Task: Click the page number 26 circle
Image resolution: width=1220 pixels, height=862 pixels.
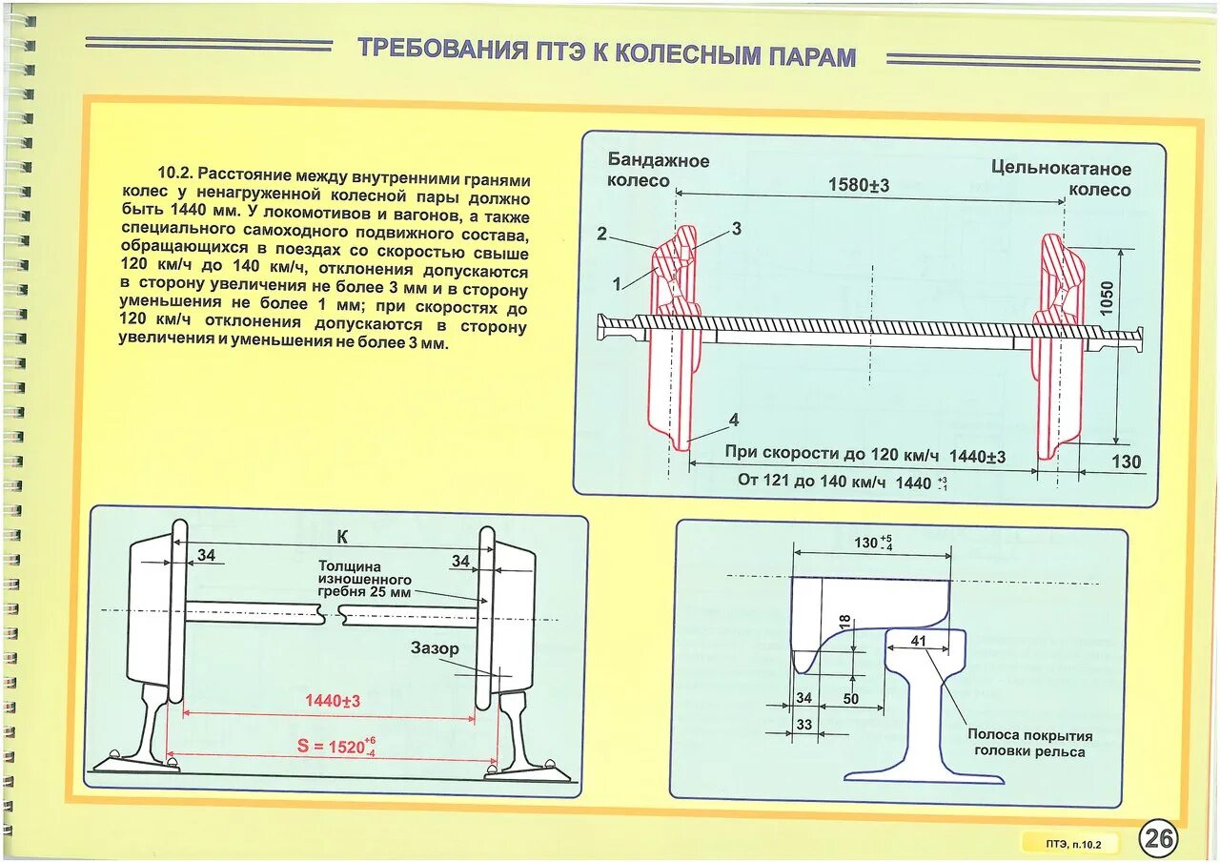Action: pyautogui.click(x=1159, y=839)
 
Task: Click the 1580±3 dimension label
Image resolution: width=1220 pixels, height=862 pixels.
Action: pyautogui.click(x=858, y=185)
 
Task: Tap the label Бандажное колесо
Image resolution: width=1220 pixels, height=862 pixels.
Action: pyautogui.click(x=659, y=170)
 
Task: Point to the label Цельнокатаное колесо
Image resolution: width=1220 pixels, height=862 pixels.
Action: pyautogui.click(x=1061, y=178)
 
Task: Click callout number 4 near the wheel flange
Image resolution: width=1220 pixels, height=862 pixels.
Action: pyautogui.click(x=733, y=420)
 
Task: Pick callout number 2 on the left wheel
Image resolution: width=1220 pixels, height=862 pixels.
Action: pyautogui.click(x=601, y=234)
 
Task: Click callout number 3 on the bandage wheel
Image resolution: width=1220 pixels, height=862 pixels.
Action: pyautogui.click(x=737, y=228)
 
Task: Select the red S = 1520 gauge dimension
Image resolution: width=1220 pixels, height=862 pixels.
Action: pyautogui.click(x=335, y=747)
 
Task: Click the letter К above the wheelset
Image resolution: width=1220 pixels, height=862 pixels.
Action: pyautogui.click(x=342, y=536)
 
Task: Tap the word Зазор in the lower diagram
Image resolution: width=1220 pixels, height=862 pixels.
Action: pyautogui.click(x=435, y=648)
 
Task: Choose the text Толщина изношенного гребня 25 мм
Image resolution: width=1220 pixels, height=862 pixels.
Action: pyautogui.click(x=365, y=579)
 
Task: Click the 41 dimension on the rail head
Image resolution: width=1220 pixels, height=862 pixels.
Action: pyautogui.click(x=918, y=641)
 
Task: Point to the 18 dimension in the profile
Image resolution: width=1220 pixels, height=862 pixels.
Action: pyautogui.click(x=844, y=623)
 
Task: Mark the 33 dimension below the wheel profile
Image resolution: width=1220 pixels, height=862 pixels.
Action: pyautogui.click(x=803, y=725)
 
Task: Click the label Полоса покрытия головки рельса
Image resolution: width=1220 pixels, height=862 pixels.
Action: pyautogui.click(x=1029, y=743)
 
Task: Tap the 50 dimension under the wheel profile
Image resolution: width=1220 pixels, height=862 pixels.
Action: pyautogui.click(x=850, y=699)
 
